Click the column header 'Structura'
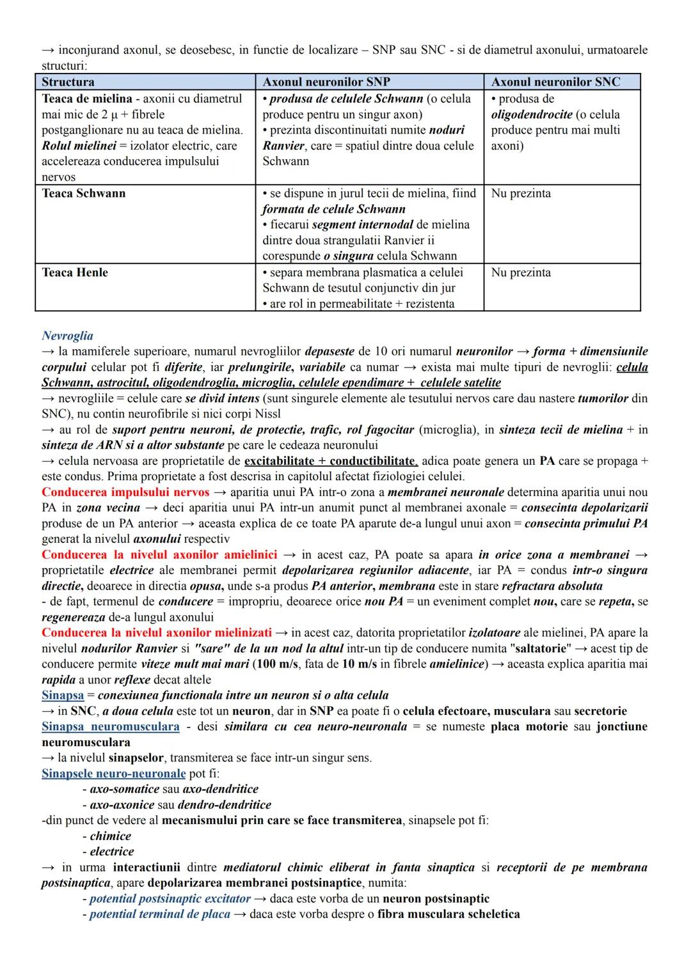[68, 82]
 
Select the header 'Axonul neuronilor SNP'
[326, 82]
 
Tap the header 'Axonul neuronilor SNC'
[555, 82]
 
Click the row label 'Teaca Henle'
[75, 272]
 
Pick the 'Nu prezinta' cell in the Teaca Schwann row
[521, 193]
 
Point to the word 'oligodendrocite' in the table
[532, 114]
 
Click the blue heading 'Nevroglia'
[67, 336]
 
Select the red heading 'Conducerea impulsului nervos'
[125, 492]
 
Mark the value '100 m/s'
[276, 664]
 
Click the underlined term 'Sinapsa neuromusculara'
[110, 727]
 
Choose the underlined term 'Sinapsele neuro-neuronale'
[114, 774]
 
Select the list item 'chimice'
[110, 836]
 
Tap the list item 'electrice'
[112, 852]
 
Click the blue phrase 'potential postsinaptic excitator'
[170, 899]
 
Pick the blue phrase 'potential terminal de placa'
[159, 914]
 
